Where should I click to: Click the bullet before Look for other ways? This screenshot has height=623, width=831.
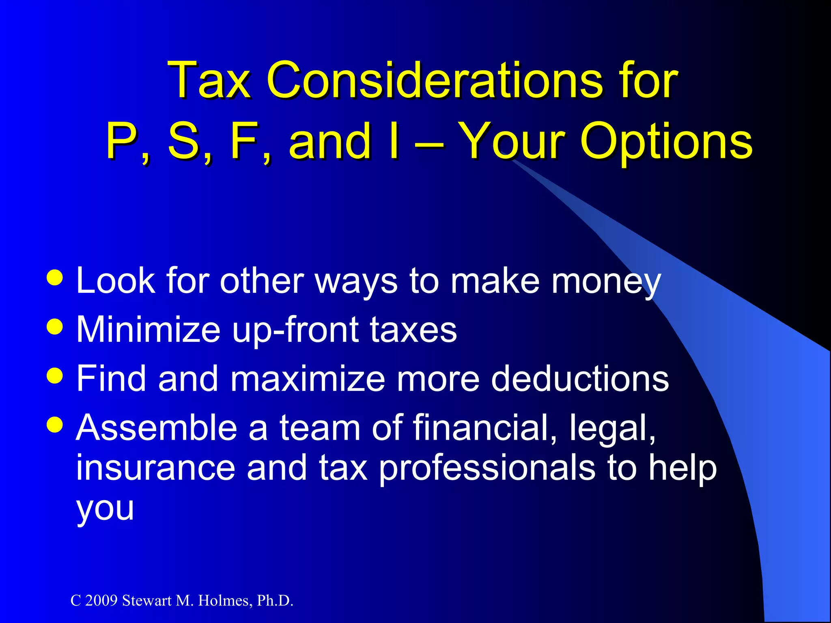55,278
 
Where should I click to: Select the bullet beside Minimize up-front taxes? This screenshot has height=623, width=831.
55,327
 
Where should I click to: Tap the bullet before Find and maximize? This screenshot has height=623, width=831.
55,375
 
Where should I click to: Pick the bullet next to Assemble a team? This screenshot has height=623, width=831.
55,424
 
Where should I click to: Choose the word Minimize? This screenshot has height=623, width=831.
148,329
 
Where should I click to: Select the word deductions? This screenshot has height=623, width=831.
580,378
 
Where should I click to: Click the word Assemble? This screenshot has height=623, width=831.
157,428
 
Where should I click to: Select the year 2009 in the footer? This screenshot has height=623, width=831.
101,601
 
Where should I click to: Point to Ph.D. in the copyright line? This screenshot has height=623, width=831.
275,601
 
